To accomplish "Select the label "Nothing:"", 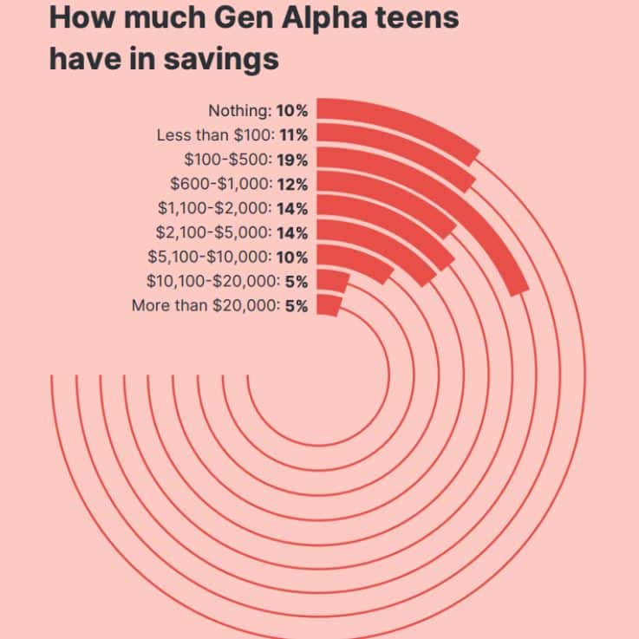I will pos(240,110).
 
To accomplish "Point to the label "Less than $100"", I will pos(213,134).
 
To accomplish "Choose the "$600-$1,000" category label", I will pos(220,183).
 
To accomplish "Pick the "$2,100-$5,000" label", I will pos(213,231).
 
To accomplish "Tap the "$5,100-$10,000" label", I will pos(209,256).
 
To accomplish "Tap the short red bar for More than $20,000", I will pos(328,305).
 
